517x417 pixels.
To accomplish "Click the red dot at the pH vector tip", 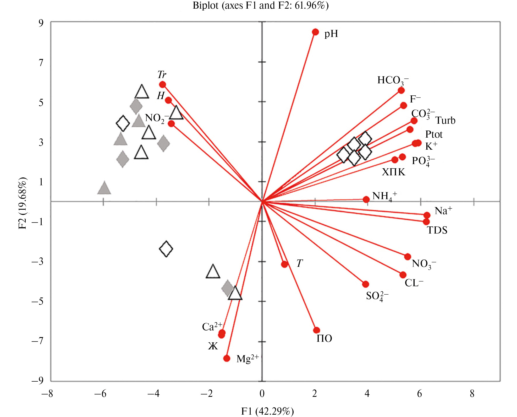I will (315, 32).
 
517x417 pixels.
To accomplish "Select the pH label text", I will (331, 34).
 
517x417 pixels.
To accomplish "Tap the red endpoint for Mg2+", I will (227, 358).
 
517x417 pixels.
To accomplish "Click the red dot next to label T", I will (284, 264).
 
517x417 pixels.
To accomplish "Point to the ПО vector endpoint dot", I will (316, 330).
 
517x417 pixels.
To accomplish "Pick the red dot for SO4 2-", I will (365, 284).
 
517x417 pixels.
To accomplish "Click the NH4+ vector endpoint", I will (366, 199).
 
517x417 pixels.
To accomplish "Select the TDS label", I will (437, 230).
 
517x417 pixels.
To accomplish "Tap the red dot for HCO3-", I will (401, 90).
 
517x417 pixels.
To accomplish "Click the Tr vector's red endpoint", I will (162, 84).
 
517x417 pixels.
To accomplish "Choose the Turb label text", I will (445, 121).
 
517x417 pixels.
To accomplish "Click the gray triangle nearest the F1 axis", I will (104, 188).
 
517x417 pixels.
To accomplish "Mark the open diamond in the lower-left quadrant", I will (166, 249).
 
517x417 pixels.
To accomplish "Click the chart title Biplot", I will (260, 6).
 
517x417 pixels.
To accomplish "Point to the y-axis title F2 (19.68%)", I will (23, 203).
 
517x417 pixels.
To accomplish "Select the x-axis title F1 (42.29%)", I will (267, 411).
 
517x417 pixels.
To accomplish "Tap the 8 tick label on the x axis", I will (472, 393).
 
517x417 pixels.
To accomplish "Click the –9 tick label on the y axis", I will (38, 380).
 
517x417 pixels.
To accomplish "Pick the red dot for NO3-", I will (407, 257).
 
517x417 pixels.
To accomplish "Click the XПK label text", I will (393, 172).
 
